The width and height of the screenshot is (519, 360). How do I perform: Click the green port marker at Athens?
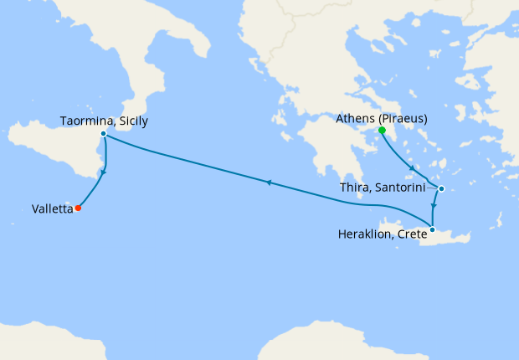(382, 131)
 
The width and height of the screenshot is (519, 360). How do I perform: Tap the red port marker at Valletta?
(78, 208)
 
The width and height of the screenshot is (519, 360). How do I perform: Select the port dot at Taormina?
(103, 134)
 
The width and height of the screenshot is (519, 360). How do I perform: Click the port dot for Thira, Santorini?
(441, 188)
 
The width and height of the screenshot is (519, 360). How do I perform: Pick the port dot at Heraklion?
(432, 229)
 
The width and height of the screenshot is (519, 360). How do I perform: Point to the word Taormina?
(86, 121)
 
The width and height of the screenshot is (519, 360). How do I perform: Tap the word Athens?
(354, 119)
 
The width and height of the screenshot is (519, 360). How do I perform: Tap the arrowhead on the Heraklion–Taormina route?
(267, 181)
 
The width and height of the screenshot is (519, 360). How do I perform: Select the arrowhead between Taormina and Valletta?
(103, 173)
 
